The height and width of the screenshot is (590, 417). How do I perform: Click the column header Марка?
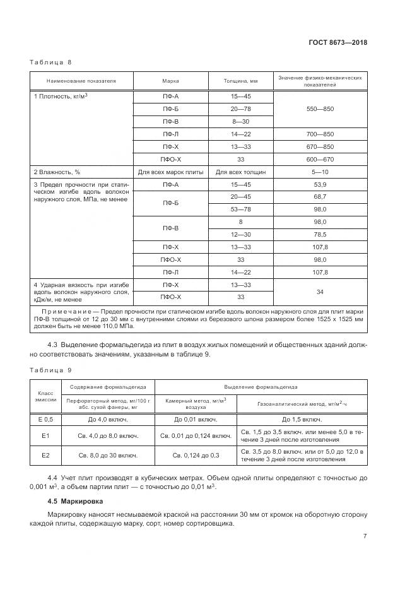pyautogui.click(x=170, y=81)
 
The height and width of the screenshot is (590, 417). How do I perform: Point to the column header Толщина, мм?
pyautogui.click(x=240, y=81)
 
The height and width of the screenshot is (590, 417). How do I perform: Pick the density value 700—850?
pyautogui.click(x=320, y=135)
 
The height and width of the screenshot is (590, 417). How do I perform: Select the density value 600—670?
pyautogui.click(x=320, y=159)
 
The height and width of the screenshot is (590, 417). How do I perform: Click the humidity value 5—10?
pyautogui.click(x=320, y=172)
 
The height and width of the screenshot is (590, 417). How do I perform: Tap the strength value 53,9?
pyautogui.click(x=320, y=184)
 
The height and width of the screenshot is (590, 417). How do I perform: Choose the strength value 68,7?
pyautogui.click(x=320, y=197)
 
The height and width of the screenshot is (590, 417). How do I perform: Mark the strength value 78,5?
pyautogui.click(x=320, y=234)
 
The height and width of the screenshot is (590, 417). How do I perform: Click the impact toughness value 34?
pyautogui.click(x=320, y=291)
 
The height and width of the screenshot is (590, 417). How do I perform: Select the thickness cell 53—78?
pyautogui.click(x=240, y=209)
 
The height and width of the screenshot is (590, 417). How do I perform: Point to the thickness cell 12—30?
pyautogui.click(x=240, y=234)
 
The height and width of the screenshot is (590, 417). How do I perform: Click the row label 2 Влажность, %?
pyautogui.click(x=56, y=172)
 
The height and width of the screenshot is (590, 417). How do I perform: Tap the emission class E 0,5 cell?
pyautogui.click(x=45, y=420)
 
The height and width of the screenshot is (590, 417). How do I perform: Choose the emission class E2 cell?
pyautogui.click(x=45, y=454)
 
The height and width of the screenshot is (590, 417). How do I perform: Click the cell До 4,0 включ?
pyautogui.click(x=108, y=420)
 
